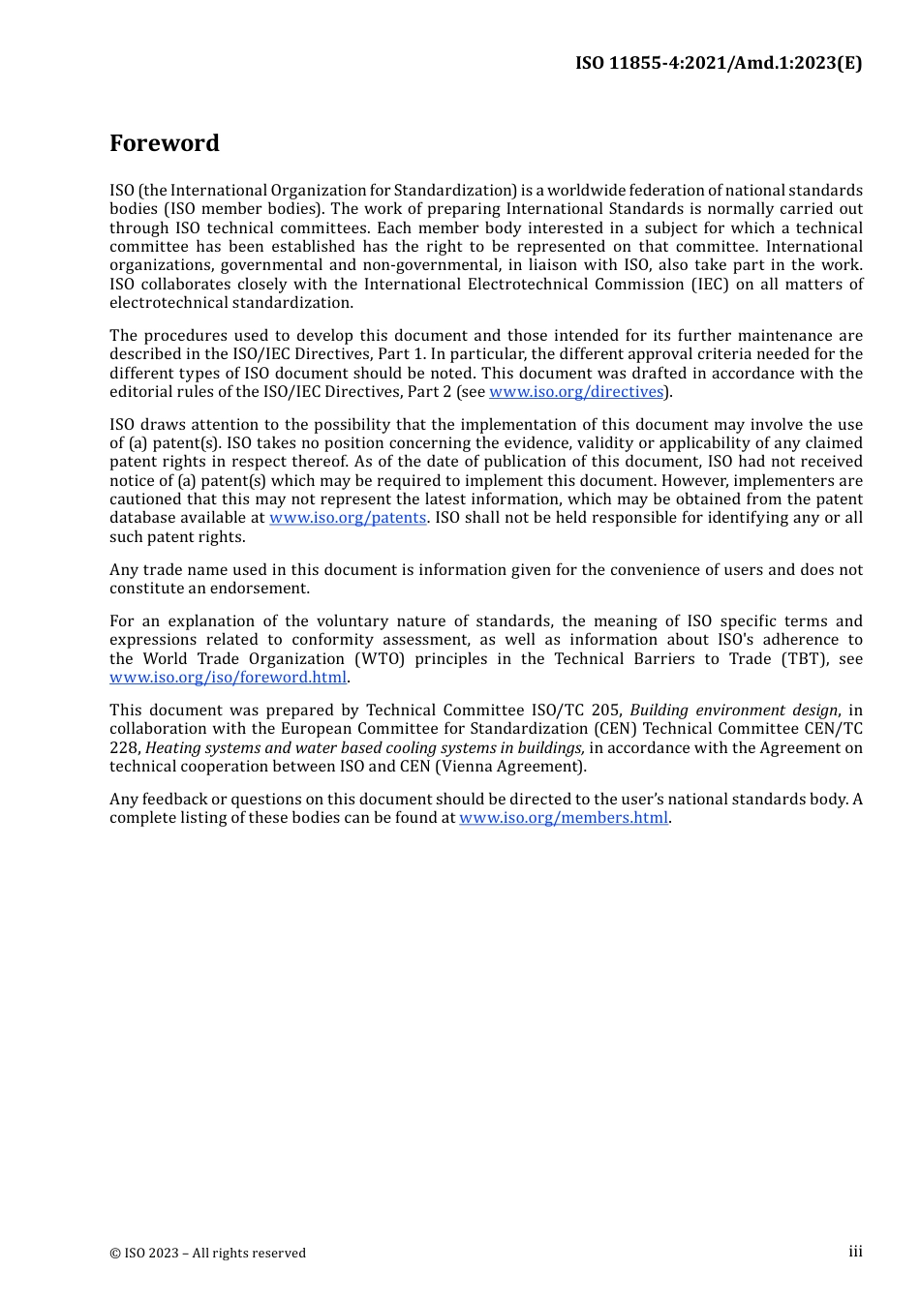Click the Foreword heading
point(165,143)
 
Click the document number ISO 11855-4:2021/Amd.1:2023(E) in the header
point(718,63)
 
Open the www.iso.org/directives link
point(576,392)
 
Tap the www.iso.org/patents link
point(348,518)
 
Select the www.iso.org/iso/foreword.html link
point(228,678)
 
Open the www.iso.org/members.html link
point(564,818)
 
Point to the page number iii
point(855,1252)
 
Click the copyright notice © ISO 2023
point(207,1253)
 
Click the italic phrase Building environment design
point(733,711)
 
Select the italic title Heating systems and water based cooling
point(364,748)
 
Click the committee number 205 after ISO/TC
point(605,711)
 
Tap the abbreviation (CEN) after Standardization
point(615,729)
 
